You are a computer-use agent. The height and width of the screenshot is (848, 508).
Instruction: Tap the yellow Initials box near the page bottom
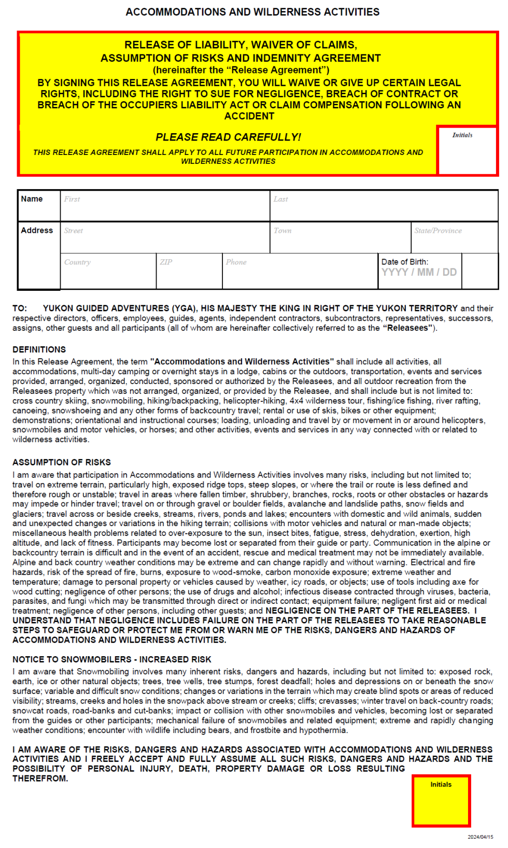[441, 801]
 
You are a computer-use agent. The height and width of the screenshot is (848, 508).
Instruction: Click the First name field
[165, 206]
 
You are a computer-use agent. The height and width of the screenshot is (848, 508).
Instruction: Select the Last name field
[384, 206]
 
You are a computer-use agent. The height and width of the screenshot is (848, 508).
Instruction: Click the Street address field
[165, 237]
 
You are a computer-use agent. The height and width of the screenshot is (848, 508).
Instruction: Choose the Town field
[340, 237]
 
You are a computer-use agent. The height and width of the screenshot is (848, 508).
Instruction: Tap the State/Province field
[455, 237]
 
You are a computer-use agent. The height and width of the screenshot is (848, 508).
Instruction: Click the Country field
[108, 271]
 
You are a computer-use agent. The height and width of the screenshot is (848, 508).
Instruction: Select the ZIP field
[189, 271]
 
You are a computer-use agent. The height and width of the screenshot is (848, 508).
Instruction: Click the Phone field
[300, 271]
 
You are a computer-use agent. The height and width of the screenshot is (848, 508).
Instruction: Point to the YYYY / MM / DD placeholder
[419, 273]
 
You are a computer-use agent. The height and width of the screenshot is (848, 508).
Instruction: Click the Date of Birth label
[405, 262]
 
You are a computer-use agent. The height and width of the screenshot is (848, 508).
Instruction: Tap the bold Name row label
[32, 199]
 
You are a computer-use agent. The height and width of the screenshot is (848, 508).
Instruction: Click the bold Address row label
[37, 231]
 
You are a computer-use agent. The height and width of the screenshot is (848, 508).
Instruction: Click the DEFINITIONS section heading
[39, 349]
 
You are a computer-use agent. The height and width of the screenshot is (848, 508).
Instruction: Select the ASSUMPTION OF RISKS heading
[62, 462]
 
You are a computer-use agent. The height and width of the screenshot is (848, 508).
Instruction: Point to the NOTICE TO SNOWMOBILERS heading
[112, 659]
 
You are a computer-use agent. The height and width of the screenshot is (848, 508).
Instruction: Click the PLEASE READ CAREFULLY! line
[228, 137]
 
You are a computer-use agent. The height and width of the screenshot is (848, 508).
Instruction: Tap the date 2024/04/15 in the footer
[480, 837]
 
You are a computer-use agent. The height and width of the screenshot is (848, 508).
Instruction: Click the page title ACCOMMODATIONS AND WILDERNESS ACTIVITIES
[252, 12]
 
